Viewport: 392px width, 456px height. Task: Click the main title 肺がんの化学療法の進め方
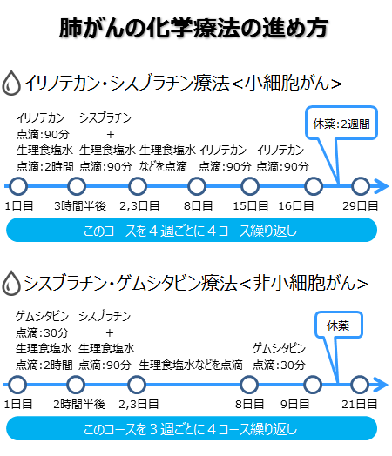(193, 28)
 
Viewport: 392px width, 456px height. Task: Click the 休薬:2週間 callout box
(341, 123)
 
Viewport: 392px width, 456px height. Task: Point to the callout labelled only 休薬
(339, 325)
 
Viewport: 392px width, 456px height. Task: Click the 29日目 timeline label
(361, 206)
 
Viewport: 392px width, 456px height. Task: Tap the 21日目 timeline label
(360, 405)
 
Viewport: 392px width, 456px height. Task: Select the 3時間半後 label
(80, 206)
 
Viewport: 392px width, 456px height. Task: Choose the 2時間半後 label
(79, 405)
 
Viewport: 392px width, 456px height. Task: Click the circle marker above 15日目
(250, 186)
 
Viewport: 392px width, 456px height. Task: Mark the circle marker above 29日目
(361, 186)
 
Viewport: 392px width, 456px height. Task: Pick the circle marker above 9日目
(313, 385)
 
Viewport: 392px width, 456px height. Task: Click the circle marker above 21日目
(360, 385)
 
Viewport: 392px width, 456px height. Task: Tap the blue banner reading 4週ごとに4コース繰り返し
(192, 230)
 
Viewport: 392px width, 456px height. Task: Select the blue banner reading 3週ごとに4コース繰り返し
(192, 428)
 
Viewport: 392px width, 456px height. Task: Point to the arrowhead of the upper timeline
(382, 186)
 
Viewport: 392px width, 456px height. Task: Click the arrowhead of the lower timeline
(382, 385)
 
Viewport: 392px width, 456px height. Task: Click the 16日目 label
(296, 206)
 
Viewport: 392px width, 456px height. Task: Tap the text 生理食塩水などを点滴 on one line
(190, 365)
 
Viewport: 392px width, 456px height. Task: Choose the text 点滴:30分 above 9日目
(279, 365)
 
